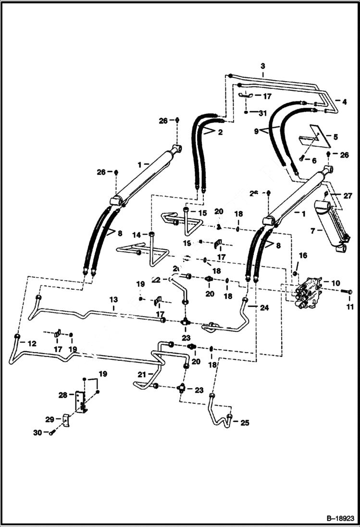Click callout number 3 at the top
click(263, 66)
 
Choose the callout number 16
click(303, 255)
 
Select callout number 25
click(245, 423)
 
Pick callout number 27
click(348, 196)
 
